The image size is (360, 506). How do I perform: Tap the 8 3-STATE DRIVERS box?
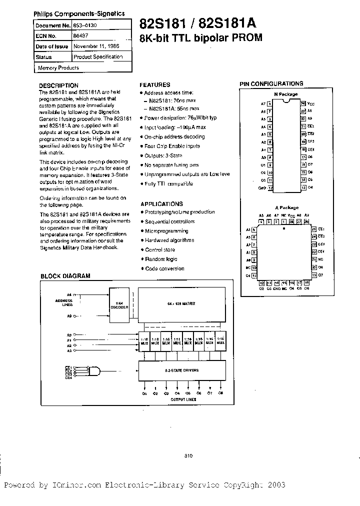[x=181, y=370]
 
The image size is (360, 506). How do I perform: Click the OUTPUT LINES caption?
[x=183, y=399]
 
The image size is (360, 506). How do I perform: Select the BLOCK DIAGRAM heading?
[x=65, y=276]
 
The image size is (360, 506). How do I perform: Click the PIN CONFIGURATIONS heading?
[x=271, y=84]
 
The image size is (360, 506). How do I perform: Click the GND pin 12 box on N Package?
[x=270, y=188]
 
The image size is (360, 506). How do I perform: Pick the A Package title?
[x=286, y=207]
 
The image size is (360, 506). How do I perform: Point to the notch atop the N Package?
[x=286, y=99]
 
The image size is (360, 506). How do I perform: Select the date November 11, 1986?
[x=96, y=46]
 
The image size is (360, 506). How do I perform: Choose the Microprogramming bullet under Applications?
[x=166, y=231]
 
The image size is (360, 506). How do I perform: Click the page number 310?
[x=188, y=455]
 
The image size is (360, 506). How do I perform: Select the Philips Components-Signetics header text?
[x=79, y=14]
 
